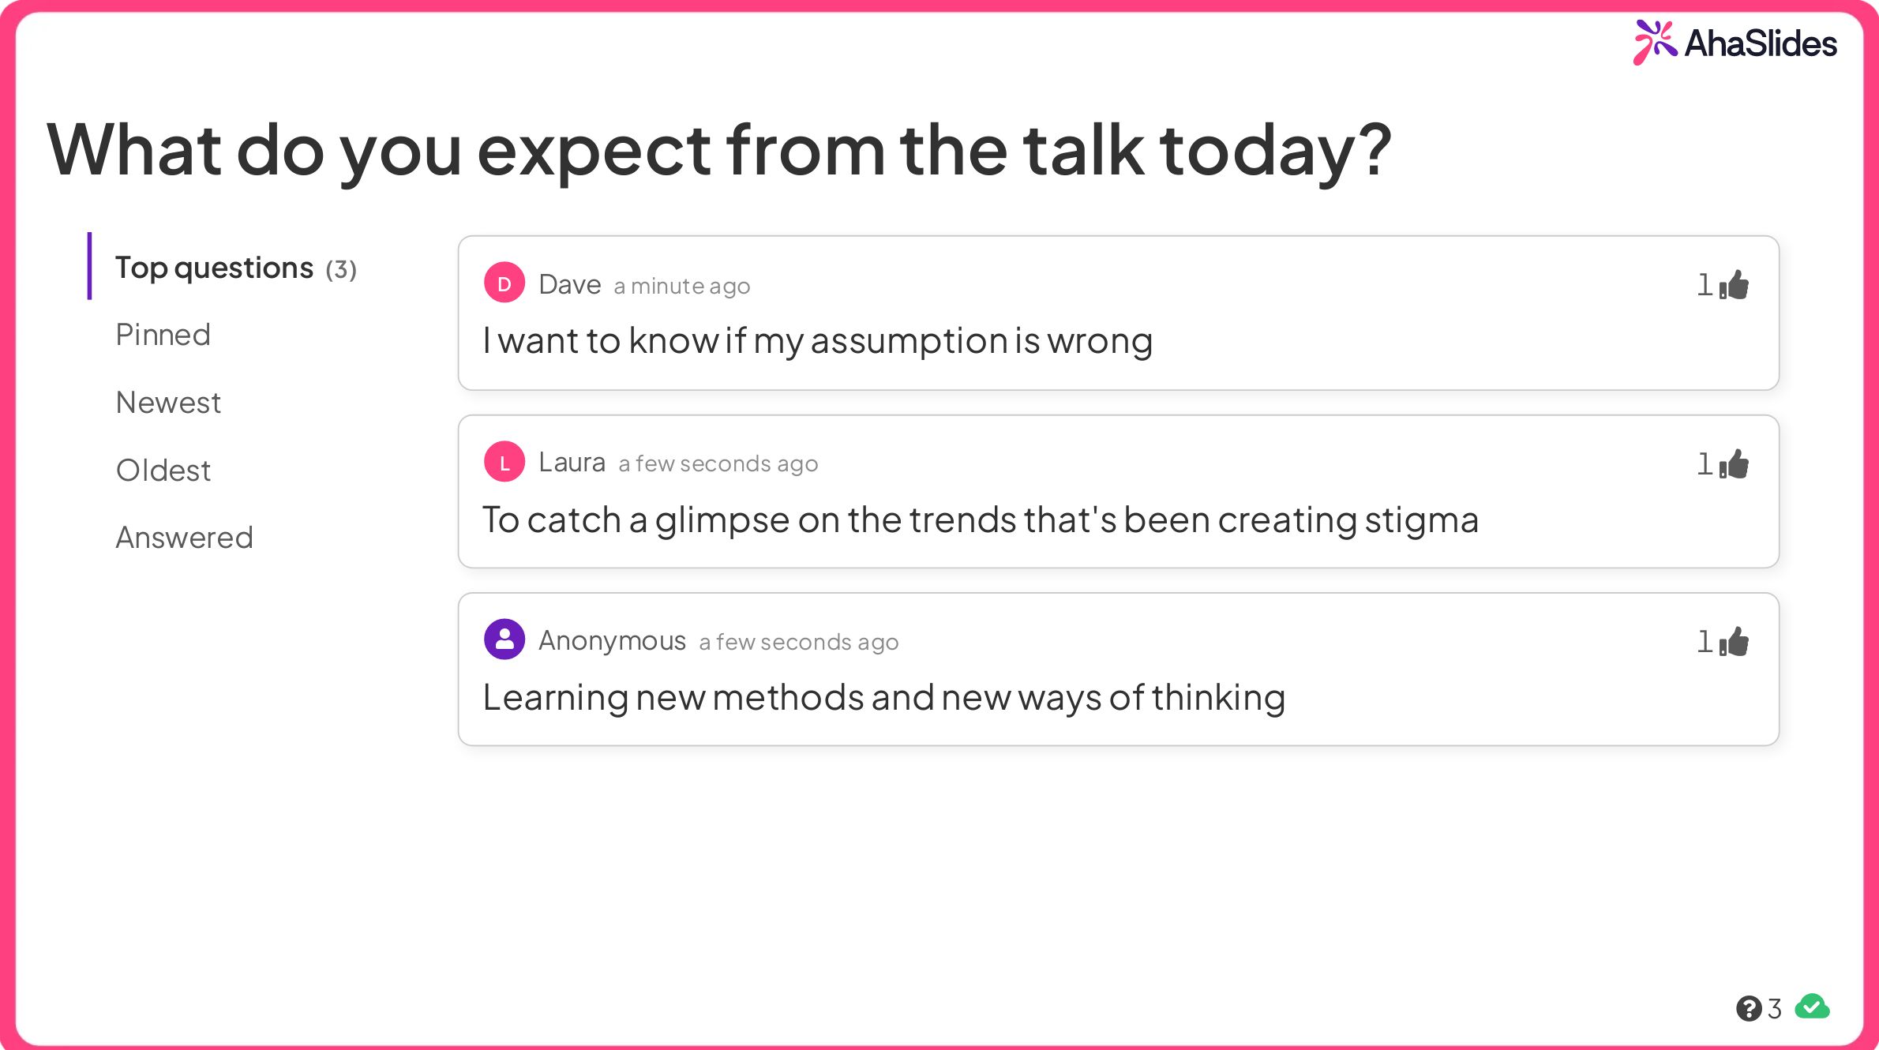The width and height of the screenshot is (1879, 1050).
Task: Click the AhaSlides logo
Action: point(1735,43)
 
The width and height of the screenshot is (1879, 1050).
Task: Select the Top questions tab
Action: point(234,268)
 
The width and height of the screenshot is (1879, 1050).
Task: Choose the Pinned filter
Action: point(163,335)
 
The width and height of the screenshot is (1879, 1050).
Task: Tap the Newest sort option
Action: point(168,403)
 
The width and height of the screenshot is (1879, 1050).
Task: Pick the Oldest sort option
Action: point(163,471)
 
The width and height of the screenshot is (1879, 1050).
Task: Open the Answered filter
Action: point(184,538)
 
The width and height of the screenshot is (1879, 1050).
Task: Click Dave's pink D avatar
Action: point(504,283)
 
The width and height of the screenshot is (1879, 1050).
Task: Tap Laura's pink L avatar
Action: point(504,462)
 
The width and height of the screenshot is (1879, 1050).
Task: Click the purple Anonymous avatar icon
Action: point(504,639)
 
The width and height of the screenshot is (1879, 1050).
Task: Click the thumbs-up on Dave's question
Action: point(1735,285)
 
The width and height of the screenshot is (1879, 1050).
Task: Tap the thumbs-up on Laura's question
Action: point(1735,464)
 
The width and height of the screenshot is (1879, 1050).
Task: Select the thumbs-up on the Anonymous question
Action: point(1735,642)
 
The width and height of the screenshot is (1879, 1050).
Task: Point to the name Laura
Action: point(572,462)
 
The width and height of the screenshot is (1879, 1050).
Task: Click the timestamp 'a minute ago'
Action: point(681,286)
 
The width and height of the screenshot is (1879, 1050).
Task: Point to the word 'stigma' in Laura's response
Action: point(1421,520)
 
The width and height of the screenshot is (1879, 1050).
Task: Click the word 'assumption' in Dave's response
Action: point(909,341)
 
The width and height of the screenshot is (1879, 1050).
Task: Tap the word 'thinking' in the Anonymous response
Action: point(1218,698)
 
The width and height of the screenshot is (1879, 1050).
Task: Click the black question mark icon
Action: point(1748,1008)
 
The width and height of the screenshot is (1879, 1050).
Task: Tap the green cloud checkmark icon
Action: point(1812,1007)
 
